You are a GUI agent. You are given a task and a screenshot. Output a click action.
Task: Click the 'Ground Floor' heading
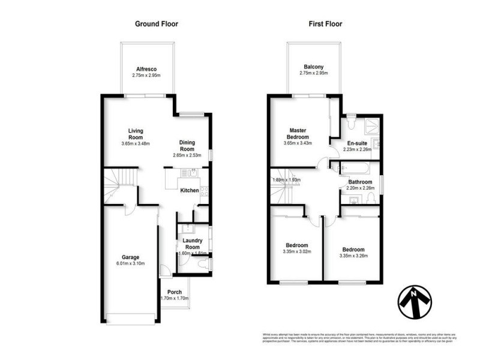(x=156, y=24)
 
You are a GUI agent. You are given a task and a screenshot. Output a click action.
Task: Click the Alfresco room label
(x=146, y=69)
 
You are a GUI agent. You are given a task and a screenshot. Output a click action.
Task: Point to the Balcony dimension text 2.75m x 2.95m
(x=314, y=74)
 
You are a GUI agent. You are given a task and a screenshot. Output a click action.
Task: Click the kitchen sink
(x=191, y=173)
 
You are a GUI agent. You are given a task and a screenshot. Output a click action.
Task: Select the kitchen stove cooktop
(x=204, y=191)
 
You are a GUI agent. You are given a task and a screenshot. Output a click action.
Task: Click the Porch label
(x=175, y=292)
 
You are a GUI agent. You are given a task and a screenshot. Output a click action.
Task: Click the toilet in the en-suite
(x=352, y=123)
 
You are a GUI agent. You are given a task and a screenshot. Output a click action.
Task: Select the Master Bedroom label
(x=298, y=133)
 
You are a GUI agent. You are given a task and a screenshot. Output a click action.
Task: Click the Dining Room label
(x=188, y=146)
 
